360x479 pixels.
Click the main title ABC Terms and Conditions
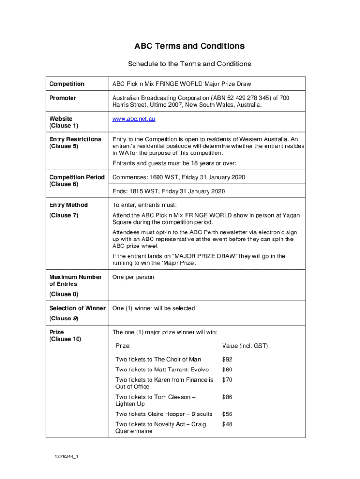189,46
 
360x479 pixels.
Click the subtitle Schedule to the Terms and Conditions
189,64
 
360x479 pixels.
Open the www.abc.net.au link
134,119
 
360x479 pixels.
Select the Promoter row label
63,98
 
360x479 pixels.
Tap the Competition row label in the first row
67,84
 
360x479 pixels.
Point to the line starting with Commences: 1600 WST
179,177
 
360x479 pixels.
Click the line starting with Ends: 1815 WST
169,191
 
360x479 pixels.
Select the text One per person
133,277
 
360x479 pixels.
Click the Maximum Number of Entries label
75,280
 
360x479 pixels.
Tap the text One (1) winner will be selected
154,308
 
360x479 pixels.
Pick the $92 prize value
227,359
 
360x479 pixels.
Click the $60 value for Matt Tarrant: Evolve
227,370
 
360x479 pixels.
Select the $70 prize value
227,380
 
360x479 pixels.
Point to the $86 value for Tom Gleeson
227,397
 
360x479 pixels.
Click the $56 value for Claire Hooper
227,414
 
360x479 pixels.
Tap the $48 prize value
227,424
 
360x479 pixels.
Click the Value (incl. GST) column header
245,346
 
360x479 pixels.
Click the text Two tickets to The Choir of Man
158,359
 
